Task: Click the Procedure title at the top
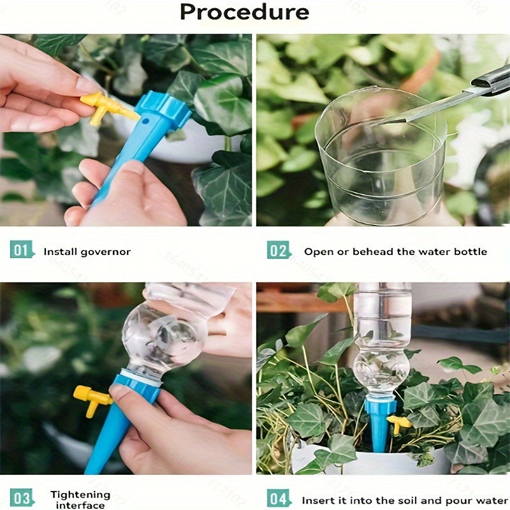pyautogui.click(x=244, y=12)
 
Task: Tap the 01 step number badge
pyautogui.click(x=20, y=251)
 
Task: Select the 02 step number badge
pyautogui.click(x=278, y=251)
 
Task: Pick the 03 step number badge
pyautogui.click(x=20, y=499)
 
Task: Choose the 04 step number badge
pyautogui.click(x=278, y=499)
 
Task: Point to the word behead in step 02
pyautogui.click(x=370, y=252)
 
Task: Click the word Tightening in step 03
pyautogui.click(x=80, y=495)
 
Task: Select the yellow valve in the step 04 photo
pyautogui.click(x=399, y=422)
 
